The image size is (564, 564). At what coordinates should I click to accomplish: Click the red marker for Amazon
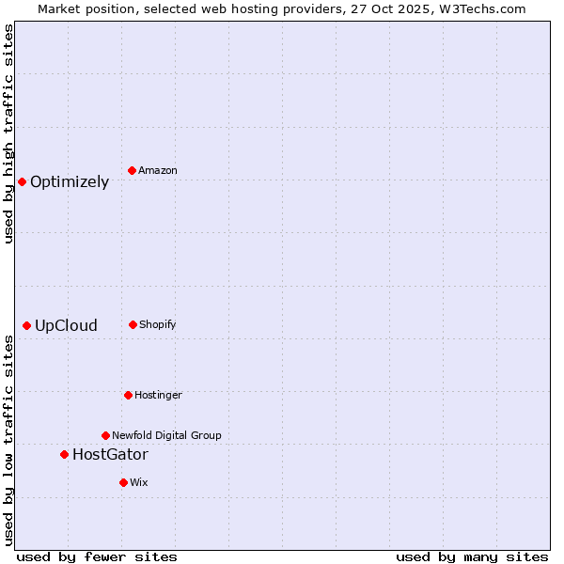pos(132,170)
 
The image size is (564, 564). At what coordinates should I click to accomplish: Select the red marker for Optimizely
pos(22,181)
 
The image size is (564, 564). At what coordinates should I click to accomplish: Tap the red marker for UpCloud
pos(26,325)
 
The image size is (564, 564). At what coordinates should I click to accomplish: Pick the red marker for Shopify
pos(133,324)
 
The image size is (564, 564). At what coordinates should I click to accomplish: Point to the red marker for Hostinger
pos(128,395)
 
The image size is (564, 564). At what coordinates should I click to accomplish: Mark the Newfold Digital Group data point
pos(105,435)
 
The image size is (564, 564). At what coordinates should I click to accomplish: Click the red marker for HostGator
pos(64,454)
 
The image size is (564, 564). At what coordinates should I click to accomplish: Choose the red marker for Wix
pos(123,482)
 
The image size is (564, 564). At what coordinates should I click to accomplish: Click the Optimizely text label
pos(70,182)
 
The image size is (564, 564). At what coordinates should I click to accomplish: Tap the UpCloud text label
pos(66,326)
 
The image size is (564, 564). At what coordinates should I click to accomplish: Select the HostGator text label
pos(110,455)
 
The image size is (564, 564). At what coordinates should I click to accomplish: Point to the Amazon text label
pos(158,171)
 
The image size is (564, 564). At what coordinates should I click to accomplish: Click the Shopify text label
pos(158,325)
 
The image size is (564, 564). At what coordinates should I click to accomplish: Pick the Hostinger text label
pos(158,396)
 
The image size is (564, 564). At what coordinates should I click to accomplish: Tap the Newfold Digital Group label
pos(166,436)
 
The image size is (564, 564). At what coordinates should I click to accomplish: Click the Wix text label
pos(139,483)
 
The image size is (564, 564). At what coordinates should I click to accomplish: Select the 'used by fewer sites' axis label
pos(97,556)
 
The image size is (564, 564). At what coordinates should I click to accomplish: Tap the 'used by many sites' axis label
pos(472,556)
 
